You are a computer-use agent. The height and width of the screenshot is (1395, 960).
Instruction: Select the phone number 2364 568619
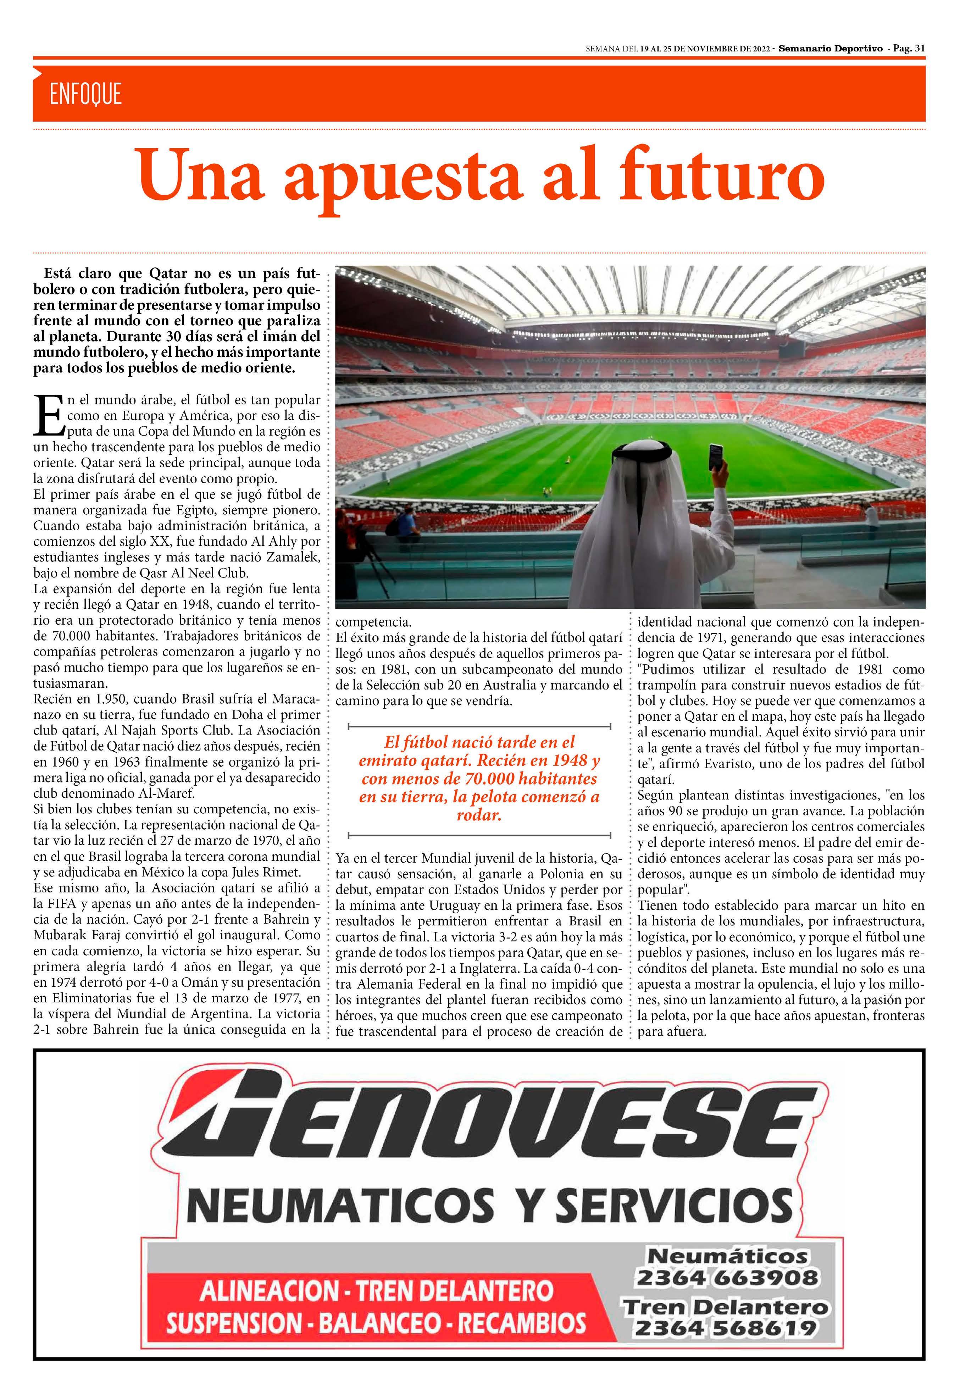[x=726, y=1328]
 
